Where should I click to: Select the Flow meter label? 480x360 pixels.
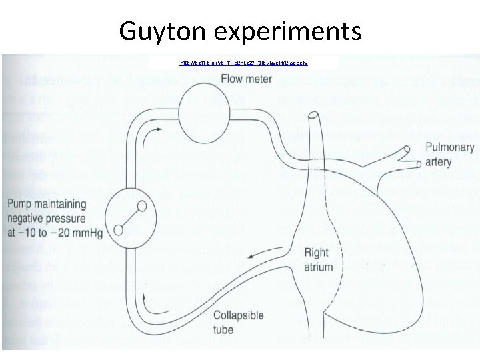coord(247,79)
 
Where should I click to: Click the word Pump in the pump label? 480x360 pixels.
coord(22,204)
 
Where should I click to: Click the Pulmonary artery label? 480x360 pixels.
coord(449,155)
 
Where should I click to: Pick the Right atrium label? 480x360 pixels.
coord(319,260)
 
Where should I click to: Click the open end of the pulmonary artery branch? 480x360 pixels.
coord(418,163)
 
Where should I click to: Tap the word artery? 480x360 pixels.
coord(439,162)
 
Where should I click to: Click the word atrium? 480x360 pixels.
coord(319,267)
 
